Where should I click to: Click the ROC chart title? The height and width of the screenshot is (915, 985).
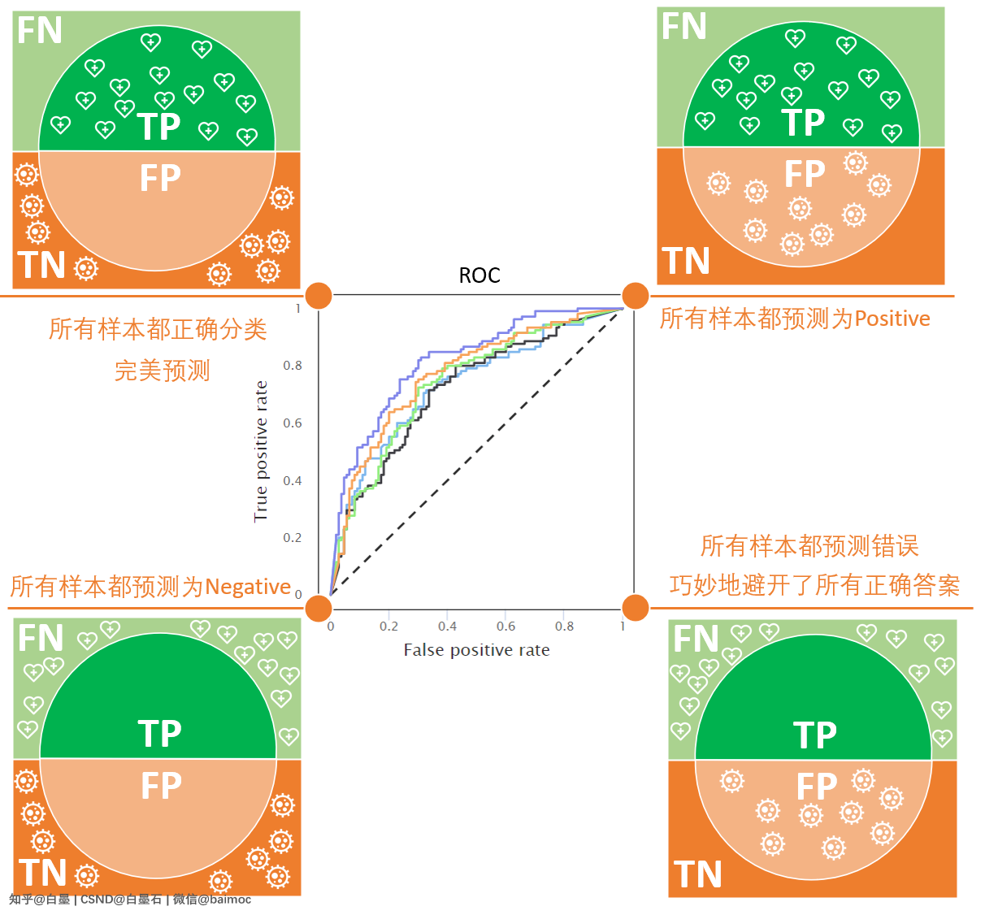pos(479,275)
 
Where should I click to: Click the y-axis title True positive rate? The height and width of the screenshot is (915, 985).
pos(261,451)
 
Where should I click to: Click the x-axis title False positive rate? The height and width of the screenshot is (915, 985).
pos(476,650)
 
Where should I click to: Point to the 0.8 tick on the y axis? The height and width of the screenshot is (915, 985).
pos(293,366)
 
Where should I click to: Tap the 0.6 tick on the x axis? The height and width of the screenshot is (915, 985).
pos(506,626)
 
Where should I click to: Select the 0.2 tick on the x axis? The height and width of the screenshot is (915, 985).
pos(388,626)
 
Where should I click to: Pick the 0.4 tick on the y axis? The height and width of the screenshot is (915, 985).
pos(293,481)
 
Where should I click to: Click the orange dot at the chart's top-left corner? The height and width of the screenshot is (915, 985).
pos(319,296)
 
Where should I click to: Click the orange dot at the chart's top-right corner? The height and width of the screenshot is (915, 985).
pos(635,296)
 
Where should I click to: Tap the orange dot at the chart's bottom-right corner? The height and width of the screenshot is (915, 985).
pos(635,607)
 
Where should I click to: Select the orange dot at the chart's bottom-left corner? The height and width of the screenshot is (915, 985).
pos(319,607)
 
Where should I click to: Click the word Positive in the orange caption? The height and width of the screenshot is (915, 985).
pos(892,319)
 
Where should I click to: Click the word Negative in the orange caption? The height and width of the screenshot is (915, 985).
pos(248,587)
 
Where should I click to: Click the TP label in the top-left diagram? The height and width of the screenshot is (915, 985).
pos(159,127)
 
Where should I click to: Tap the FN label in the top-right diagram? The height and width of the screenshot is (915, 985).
pos(683,27)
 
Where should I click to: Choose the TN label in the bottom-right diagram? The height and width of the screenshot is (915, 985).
pos(698,875)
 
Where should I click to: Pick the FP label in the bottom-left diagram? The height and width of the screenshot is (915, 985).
pos(161,787)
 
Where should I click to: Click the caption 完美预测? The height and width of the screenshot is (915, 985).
pos(163,371)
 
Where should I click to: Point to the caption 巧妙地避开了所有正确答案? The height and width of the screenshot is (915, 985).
pos(814,585)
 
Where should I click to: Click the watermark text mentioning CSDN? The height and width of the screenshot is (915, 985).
pos(121,900)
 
